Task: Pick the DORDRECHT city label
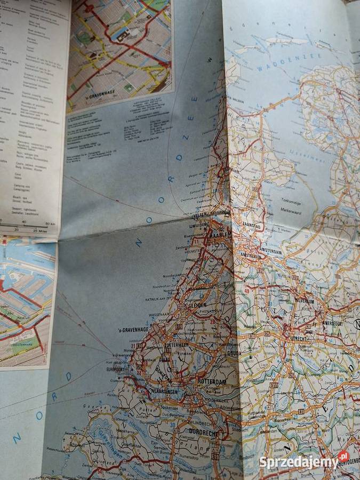(x=202, y=435)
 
